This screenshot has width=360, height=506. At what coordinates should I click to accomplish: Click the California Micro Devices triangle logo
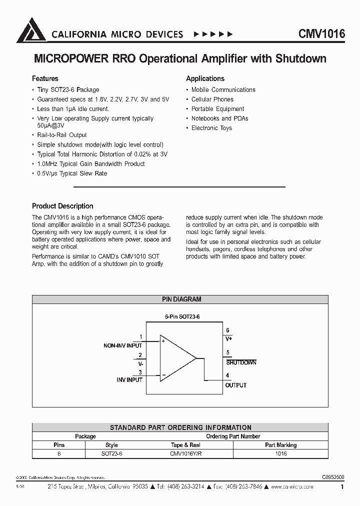[31, 30]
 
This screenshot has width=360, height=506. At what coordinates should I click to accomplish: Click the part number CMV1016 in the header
[321, 33]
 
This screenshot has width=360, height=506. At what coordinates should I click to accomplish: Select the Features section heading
[45, 78]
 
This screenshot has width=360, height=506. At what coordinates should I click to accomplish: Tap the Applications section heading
[205, 78]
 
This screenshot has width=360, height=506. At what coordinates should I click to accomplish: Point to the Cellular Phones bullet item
[212, 99]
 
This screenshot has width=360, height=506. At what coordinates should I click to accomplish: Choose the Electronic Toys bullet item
[211, 128]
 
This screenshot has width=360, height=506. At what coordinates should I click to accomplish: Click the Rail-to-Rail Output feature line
[62, 135]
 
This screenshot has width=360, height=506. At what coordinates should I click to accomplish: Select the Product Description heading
[62, 206]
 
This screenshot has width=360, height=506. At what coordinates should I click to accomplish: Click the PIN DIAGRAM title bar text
[181, 299]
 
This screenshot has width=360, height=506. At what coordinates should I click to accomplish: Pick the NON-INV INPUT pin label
[122, 345]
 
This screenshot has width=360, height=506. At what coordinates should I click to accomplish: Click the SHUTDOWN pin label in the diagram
[241, 362]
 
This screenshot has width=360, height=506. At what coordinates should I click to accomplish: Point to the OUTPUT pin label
[236, 385]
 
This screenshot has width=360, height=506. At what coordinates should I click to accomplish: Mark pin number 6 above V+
[227, 330]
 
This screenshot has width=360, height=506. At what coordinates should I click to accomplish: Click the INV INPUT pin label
[129, 380]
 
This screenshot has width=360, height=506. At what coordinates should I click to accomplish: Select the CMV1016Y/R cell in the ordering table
[185, 453]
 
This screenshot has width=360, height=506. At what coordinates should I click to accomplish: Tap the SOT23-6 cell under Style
[111, 453]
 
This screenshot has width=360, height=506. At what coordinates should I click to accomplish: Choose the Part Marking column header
[280, 445]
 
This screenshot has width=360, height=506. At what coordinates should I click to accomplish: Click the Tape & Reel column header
[185, 445]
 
